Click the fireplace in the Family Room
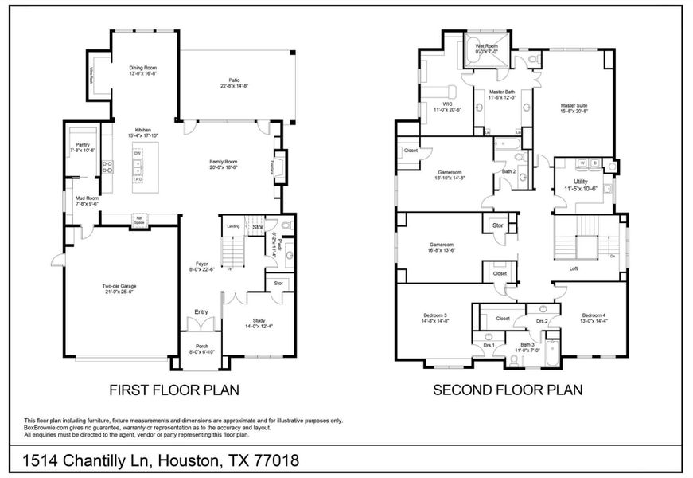point(280,167)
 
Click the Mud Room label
point(86,201)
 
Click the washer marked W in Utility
point(582,163)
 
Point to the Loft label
point(573,268)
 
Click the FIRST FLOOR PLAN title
point(174,390)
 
